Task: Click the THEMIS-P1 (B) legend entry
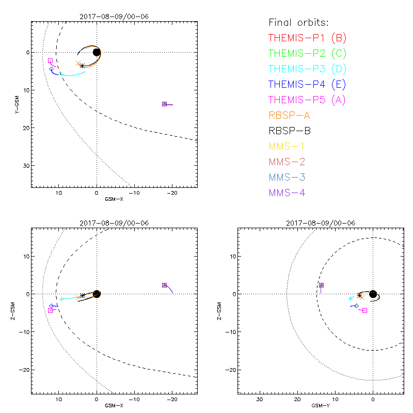(307, 38)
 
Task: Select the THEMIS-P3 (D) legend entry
(307, 69)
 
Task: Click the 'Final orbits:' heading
(298, 23)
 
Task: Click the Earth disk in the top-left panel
(97, 52)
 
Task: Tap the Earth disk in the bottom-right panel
(373, 294)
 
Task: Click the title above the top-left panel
(114, 16)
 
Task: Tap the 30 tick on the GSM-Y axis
(260, 400)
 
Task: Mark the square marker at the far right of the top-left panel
(164, 104)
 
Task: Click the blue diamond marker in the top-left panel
(52, 69)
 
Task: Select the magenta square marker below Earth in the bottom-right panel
(364, 310)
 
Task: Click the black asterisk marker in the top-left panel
(82, 66)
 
